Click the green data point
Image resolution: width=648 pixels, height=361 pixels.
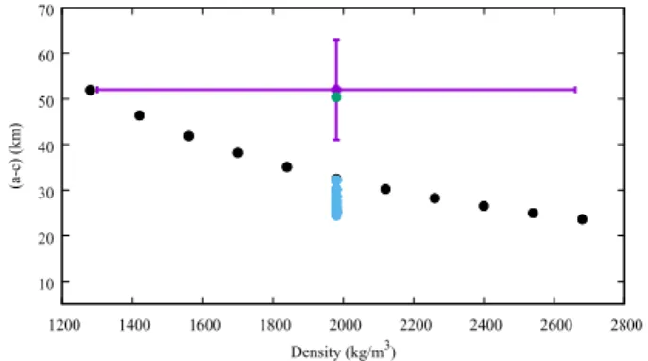click(x=336, y=97)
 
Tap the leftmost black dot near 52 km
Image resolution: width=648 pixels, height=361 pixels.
click(x=90, y=90)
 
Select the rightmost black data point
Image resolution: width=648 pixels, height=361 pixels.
click(x=582, y=219)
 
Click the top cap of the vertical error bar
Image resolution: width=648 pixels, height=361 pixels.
click(x=336, y=40)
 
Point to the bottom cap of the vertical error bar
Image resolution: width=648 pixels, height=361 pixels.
click(x=336, y=140)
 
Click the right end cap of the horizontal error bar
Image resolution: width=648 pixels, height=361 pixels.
click(x=575, y=90)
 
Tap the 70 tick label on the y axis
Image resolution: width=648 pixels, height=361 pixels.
click(x=46, y=10)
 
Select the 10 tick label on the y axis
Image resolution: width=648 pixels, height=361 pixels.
click(x=46, y=284)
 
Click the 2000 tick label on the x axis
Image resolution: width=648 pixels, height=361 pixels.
click(x=345, y=325)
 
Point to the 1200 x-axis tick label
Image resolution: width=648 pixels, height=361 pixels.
click(x=64, y=325)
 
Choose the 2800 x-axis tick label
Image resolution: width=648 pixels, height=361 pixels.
click(x=626, y=325)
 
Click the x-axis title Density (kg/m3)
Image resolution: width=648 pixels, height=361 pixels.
click(x=344, y=351)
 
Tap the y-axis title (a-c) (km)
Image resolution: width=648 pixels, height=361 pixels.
click(x=16, y=156)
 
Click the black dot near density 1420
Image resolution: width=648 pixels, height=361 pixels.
click(x=139, y=115)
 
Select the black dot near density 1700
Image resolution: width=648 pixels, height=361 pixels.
click(x=238, y=152)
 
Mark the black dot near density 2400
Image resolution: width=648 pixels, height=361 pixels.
click(x=484, y=206)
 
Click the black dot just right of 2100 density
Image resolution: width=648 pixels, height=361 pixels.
click(x=385, y=189)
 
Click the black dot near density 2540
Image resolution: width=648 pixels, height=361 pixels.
click(x=533, y=213)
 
